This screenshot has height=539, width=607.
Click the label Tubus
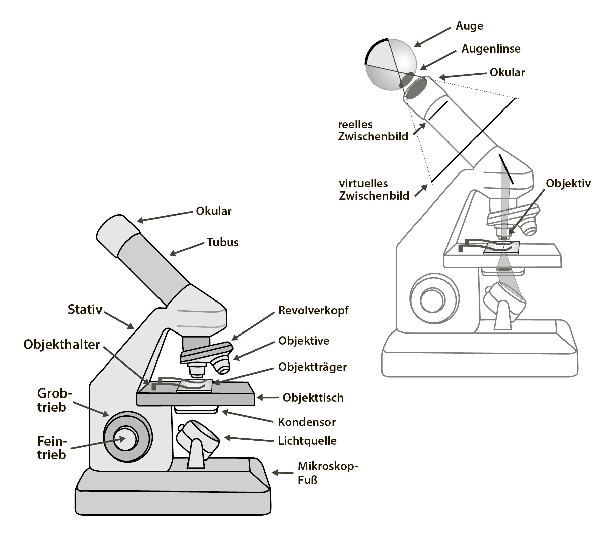(223, 242)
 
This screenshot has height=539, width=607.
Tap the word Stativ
(85, 309)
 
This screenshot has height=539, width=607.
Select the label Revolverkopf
(313, 310)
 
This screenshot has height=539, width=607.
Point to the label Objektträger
(312, 367)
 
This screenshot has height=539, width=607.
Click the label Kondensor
(307, 422)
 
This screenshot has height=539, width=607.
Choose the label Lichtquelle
(307, 441)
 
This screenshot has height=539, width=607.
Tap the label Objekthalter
(62, 345)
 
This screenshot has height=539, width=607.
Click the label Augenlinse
(491, 49)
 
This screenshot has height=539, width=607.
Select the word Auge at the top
(469, 26)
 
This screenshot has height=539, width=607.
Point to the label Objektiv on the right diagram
(568, 183)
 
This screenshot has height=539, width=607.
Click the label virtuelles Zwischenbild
(374, 190)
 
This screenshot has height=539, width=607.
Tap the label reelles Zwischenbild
(373, 130)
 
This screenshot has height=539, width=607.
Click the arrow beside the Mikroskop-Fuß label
(283, 473)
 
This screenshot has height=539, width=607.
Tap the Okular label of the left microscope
(213, 211)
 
